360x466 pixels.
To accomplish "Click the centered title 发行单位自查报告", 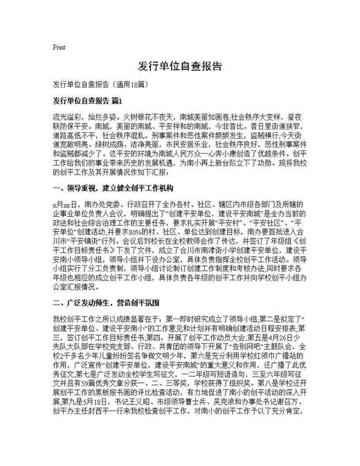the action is click(180, 66).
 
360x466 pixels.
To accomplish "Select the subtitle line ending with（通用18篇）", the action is click(93, 84).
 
